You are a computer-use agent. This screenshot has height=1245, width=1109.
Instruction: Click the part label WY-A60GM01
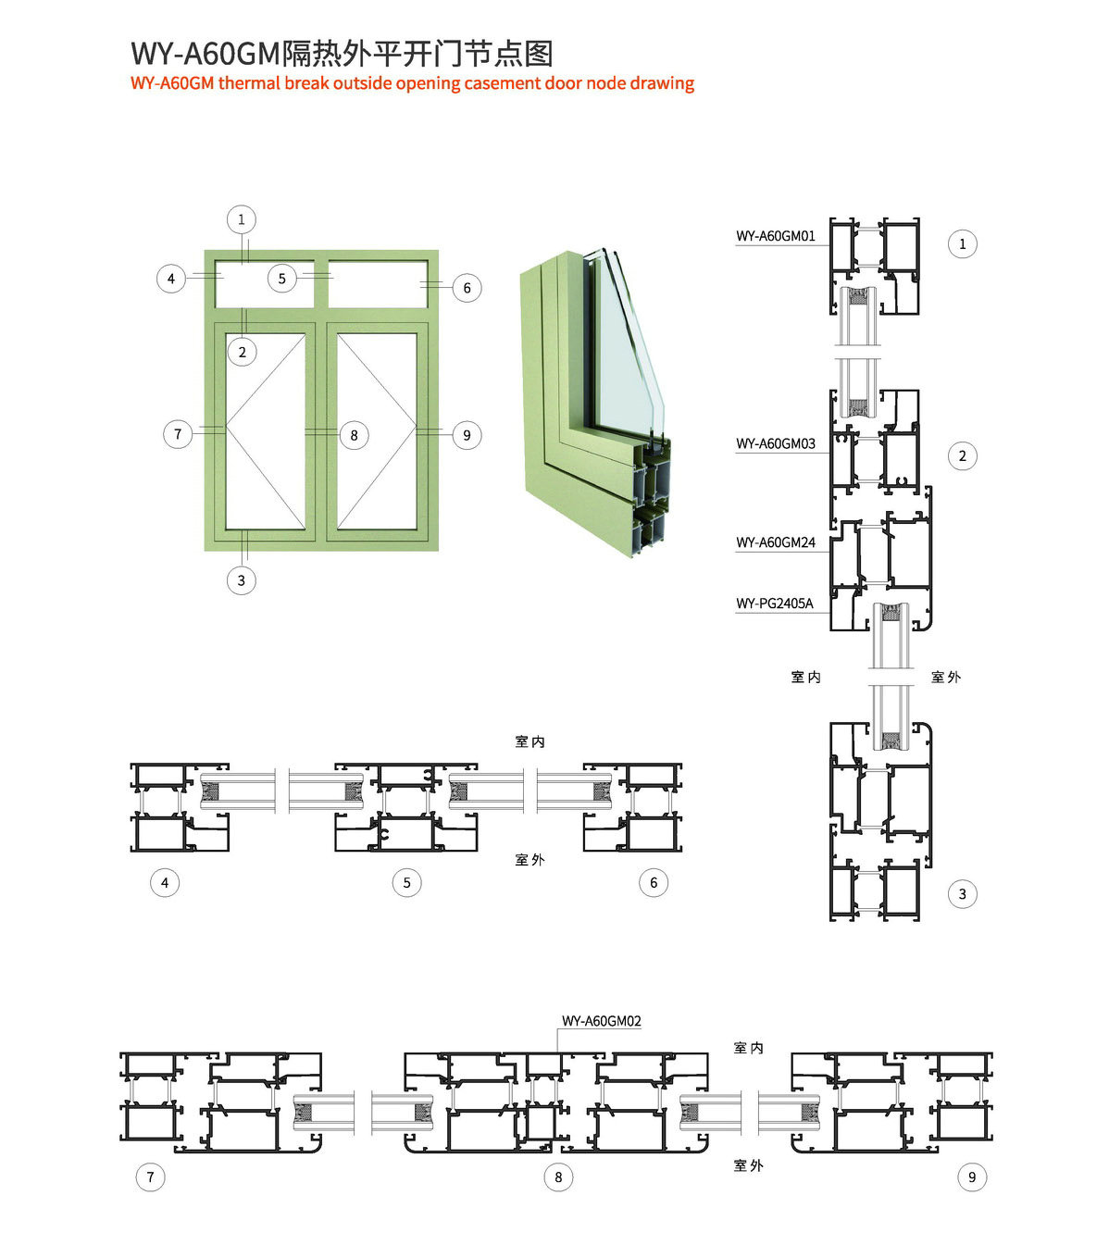tap(776, 236)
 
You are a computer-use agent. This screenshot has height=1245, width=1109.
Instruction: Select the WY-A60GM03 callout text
tap(776, 443)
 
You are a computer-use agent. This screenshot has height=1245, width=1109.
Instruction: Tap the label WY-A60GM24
tap(776, 542)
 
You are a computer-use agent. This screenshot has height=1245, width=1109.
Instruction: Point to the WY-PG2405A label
tap(775, 604)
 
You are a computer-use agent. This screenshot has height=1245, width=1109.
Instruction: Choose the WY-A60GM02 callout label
tap(602, 1021)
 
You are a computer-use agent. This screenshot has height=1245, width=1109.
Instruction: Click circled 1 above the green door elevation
tap(242, 219)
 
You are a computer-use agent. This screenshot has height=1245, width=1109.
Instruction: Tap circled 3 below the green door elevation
tap(242, 580)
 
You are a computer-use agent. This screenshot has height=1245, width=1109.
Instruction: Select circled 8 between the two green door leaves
tap(354, 435)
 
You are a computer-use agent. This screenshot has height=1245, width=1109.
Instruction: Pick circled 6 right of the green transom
tap(467, 288)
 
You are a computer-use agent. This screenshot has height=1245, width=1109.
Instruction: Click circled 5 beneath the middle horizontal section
tap(406, 882)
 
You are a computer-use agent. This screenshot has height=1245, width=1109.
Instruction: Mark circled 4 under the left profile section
tap(165, 882)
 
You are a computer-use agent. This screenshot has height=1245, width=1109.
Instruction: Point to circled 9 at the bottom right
tap(972, 1177)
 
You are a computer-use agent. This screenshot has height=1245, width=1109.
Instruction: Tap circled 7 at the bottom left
tap(150, 1177)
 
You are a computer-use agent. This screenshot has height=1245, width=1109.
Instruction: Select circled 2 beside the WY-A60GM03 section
tap(963, 455)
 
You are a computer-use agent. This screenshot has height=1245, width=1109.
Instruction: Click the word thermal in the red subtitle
tap(249, 83)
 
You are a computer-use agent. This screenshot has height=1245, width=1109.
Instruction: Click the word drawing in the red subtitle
tap(662, 83)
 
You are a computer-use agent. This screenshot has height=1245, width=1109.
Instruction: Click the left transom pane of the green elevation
tap(265, 284)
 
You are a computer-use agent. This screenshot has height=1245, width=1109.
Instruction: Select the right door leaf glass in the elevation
tap(377, 431)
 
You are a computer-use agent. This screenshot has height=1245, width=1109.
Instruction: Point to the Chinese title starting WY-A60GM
tap(342, 54)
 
